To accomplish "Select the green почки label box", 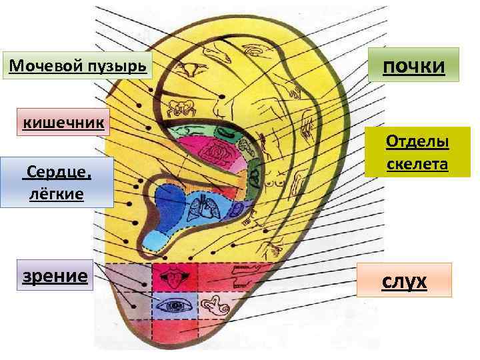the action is click(x=413, y=65).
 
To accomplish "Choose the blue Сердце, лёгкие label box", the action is click(x=57, y=183).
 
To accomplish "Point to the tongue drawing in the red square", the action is click(x=175, y=277).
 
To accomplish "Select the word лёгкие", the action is click(x=56, y=194).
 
